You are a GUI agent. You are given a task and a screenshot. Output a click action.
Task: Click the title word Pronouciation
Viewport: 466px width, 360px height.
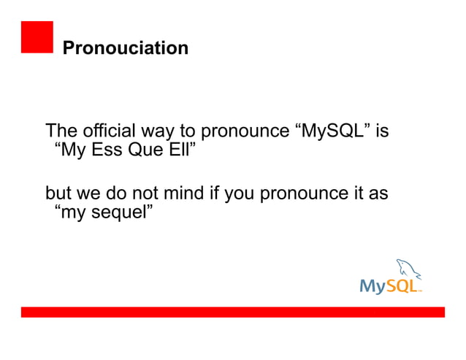(125, 48)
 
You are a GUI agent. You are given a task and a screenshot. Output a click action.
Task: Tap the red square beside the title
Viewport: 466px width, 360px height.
(37, 37)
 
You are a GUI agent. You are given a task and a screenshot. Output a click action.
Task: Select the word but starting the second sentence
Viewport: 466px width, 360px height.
(58, 194)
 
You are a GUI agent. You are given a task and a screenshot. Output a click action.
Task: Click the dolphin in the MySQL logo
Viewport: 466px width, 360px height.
(406, 269)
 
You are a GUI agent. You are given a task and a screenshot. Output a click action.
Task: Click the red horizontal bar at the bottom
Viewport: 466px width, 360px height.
(232, 312)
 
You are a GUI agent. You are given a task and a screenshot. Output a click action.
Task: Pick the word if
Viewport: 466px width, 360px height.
(207, 194)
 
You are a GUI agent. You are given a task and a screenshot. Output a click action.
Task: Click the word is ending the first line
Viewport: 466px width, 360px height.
(381, 131)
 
